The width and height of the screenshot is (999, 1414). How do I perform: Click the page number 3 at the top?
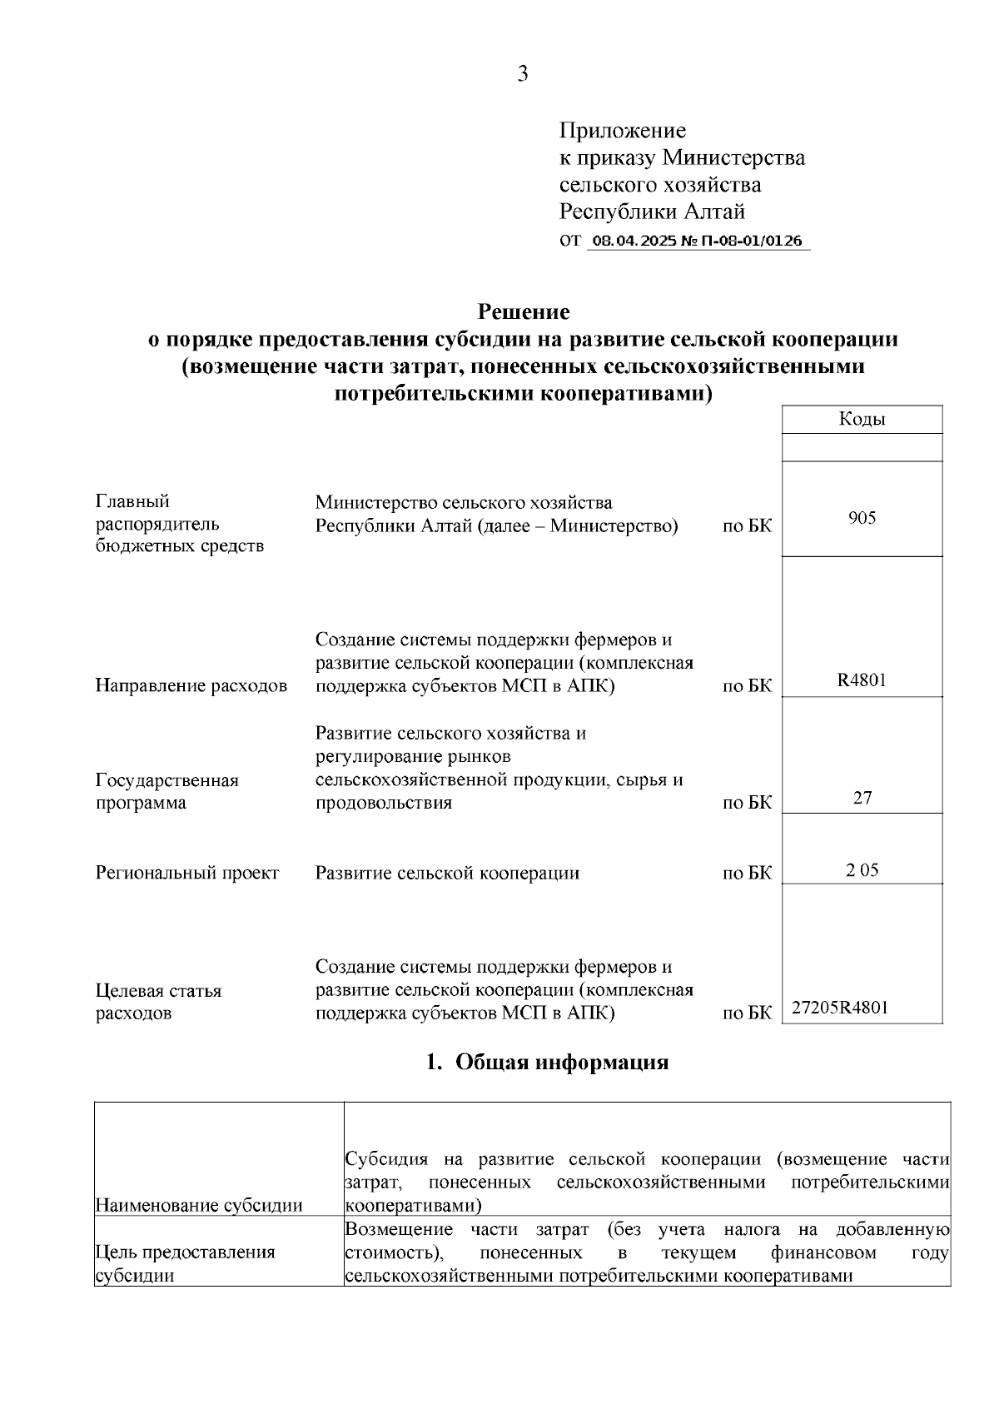522,74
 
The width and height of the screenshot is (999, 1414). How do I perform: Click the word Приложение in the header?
623,131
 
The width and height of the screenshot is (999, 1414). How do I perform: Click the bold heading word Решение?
523,312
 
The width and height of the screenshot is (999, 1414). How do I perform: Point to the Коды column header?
862,420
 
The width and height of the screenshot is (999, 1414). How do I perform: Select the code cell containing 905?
862,518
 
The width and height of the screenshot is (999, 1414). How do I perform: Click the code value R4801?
862,680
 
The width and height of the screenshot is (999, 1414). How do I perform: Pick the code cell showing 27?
862,798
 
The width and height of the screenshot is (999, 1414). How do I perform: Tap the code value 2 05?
862,870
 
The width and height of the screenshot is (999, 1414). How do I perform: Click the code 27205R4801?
839,1007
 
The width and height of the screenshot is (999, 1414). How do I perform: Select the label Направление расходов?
191,686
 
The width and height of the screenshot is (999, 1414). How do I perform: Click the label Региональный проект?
187,873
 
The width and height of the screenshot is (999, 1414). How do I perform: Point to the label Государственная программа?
166,791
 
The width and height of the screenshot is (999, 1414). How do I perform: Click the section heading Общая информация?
562,1063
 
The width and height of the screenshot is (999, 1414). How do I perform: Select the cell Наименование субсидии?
199,1205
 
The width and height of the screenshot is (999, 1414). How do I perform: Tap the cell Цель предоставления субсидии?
185,1263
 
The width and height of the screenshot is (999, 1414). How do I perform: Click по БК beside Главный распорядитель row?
747,526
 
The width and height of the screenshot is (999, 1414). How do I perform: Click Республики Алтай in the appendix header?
651,212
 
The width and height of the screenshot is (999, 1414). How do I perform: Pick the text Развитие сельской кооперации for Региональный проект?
447,873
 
